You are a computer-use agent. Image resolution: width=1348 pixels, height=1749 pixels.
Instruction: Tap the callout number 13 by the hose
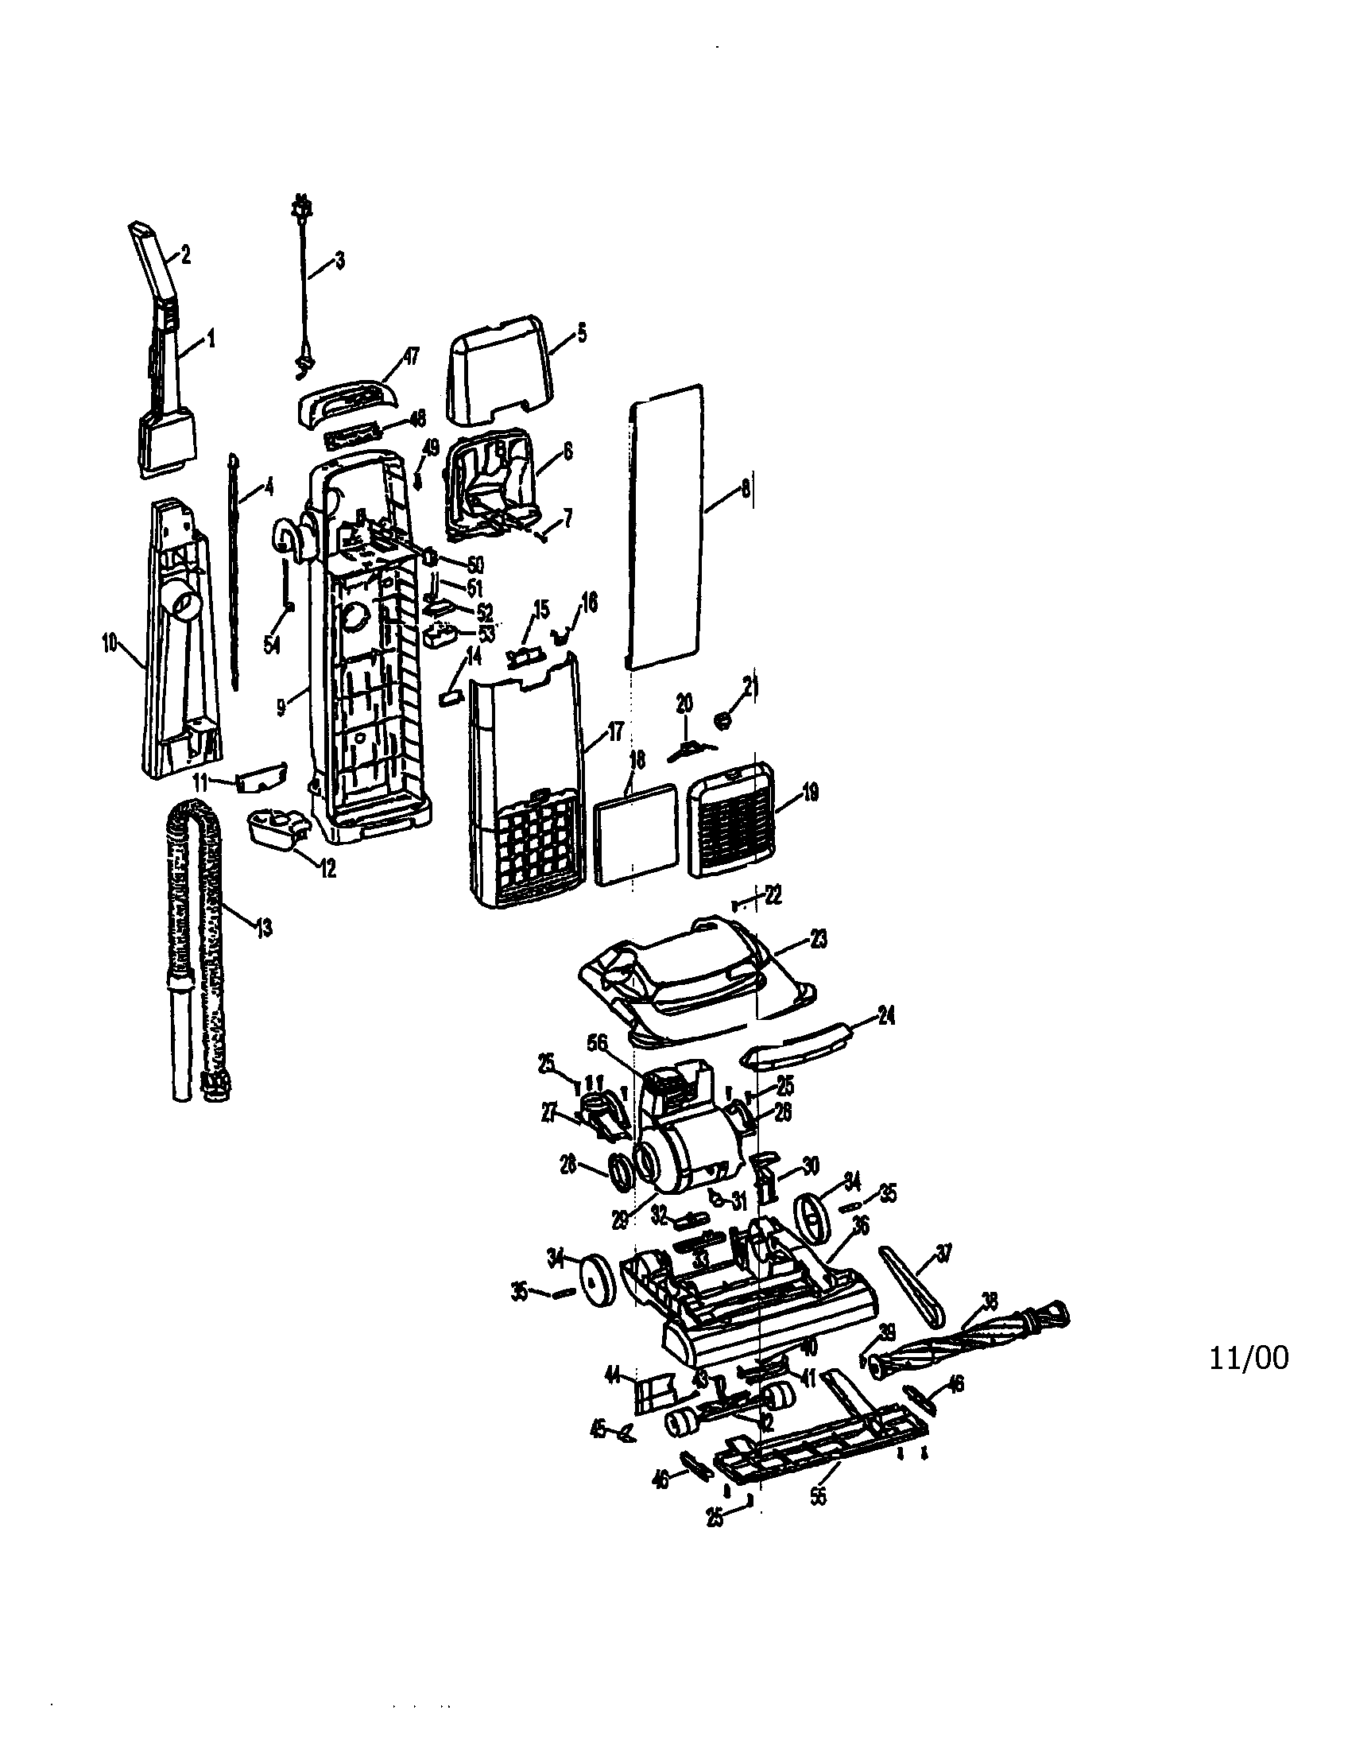pyautogui.click(x=263, y=928)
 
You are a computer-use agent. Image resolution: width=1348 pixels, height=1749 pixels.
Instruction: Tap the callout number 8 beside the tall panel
pyautogui.click(x=746, y=487)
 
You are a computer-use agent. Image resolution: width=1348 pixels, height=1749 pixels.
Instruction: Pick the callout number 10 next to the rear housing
pyautogui.click(x=110, y=642)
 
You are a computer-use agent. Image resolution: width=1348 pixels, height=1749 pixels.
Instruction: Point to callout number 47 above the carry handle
pyautogui.click(x=413, y=356)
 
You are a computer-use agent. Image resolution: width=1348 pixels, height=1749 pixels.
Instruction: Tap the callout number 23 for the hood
pyautogui.click(x=818, y=940)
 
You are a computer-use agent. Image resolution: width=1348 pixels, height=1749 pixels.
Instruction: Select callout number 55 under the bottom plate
pyautogui.click(x=817, y=1496)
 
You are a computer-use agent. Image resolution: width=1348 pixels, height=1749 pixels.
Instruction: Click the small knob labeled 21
pyautogui.click(x=723, y=719)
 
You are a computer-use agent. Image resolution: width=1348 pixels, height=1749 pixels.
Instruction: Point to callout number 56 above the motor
pyautogui.click(x=620, y=1044)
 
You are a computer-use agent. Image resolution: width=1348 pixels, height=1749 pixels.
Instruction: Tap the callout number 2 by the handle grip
pyautogui.click(x=185, y=255)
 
